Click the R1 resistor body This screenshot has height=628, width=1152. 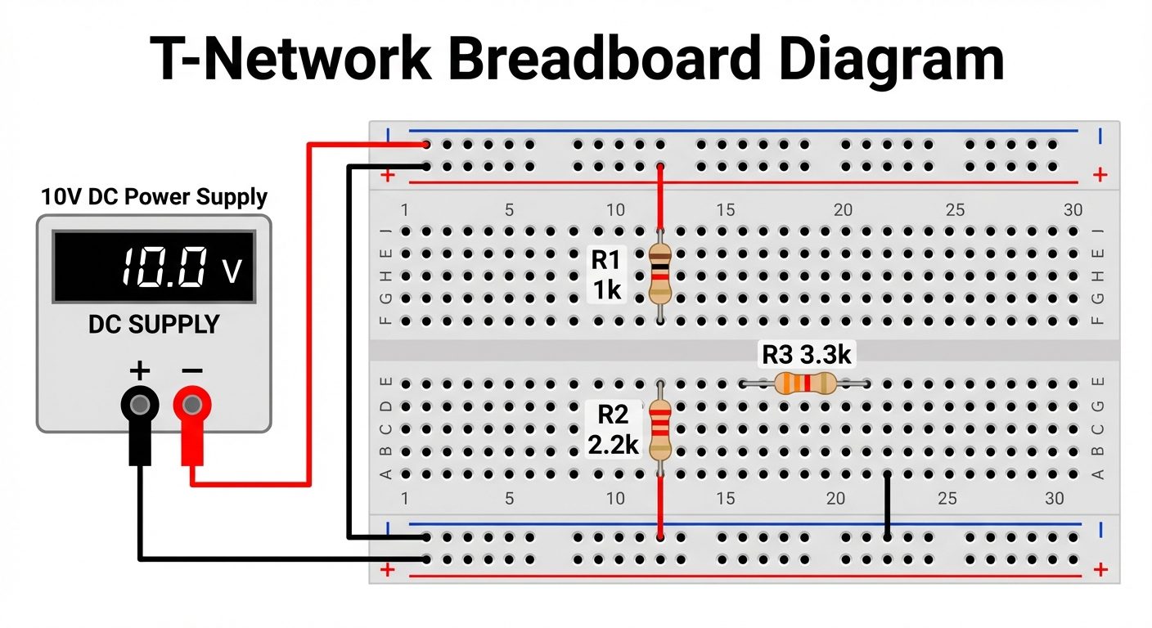coord(659,274)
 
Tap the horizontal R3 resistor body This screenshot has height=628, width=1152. coord(804,383)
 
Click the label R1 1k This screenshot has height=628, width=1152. coord(606,276)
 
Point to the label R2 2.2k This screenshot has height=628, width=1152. coord(612,430)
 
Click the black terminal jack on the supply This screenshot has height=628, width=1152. coord(141,404)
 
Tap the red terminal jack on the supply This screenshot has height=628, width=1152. coord(192,404)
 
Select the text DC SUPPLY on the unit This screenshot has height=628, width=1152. coord(154,325)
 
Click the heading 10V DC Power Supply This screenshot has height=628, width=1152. coord(154,197)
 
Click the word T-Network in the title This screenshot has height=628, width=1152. coord(290,59)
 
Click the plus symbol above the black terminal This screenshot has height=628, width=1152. coord(140,371)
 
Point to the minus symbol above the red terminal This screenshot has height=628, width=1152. coord(191,371)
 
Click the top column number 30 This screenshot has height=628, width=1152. coord(1073,210)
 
